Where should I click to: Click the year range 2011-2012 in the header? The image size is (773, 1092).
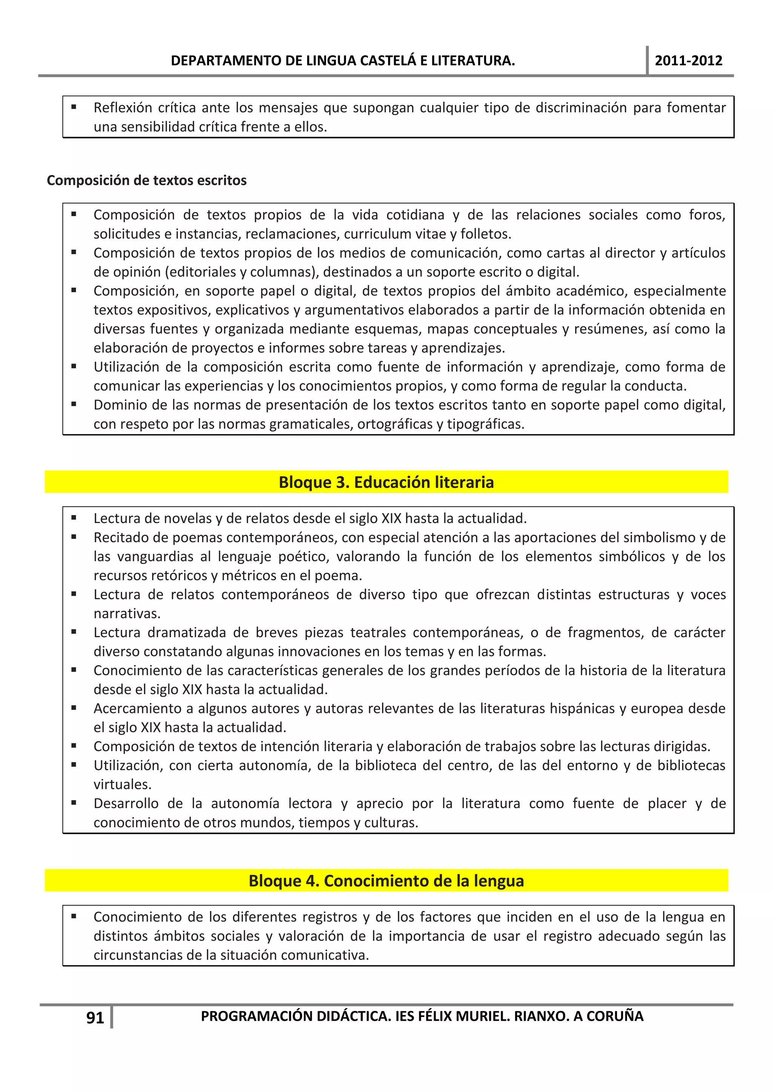[x=688, y=61]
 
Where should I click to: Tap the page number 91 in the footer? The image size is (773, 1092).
[x=95, y=1018]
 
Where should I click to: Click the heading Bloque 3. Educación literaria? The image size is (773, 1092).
[x=386, y=482]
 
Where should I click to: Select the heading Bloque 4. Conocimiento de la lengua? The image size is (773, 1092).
[x=386, y=881]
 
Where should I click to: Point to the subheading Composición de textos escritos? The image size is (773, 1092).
[x=146, y=181]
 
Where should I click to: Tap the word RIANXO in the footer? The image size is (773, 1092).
[x=540, y=1016]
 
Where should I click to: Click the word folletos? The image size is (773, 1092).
[x=485, y=234]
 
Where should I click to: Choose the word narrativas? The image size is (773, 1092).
[x=126, y=613]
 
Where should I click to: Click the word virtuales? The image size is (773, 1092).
[x=122, y=784]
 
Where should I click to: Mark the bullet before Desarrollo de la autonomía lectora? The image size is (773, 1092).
[x=74, y=803]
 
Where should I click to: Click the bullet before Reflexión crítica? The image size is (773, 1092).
[x=74, y=107]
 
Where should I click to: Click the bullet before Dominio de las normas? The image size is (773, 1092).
[x=74, y=405]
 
